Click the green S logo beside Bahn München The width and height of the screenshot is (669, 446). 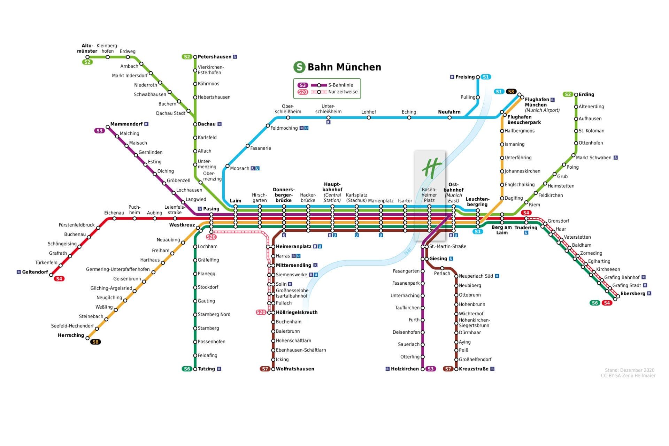point(299,67)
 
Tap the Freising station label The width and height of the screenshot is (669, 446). point(465,77)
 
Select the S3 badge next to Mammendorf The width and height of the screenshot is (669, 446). point(99,131)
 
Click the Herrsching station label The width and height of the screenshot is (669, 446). point(71,335)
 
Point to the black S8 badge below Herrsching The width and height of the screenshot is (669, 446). point(95,342)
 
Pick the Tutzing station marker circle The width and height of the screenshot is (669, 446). point(195,369)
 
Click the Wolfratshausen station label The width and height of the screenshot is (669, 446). point(295,369)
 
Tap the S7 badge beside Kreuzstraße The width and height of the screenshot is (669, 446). point(448,369)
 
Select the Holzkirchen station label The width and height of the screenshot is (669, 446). point(405,369)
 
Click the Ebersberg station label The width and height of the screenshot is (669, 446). point(633,293)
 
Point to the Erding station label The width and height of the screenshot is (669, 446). point(586,94)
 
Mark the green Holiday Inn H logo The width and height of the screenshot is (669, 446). point(432,168)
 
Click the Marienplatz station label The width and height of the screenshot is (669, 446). point(380,201)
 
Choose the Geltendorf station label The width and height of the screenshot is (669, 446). point(35,272)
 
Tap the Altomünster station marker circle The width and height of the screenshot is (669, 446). point(87,57)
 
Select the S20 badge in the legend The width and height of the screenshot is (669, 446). point(302,92)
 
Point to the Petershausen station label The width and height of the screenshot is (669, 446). point(214,57)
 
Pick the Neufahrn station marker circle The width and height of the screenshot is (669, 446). point(449,118)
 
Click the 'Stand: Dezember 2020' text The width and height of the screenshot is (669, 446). point(630,370)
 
